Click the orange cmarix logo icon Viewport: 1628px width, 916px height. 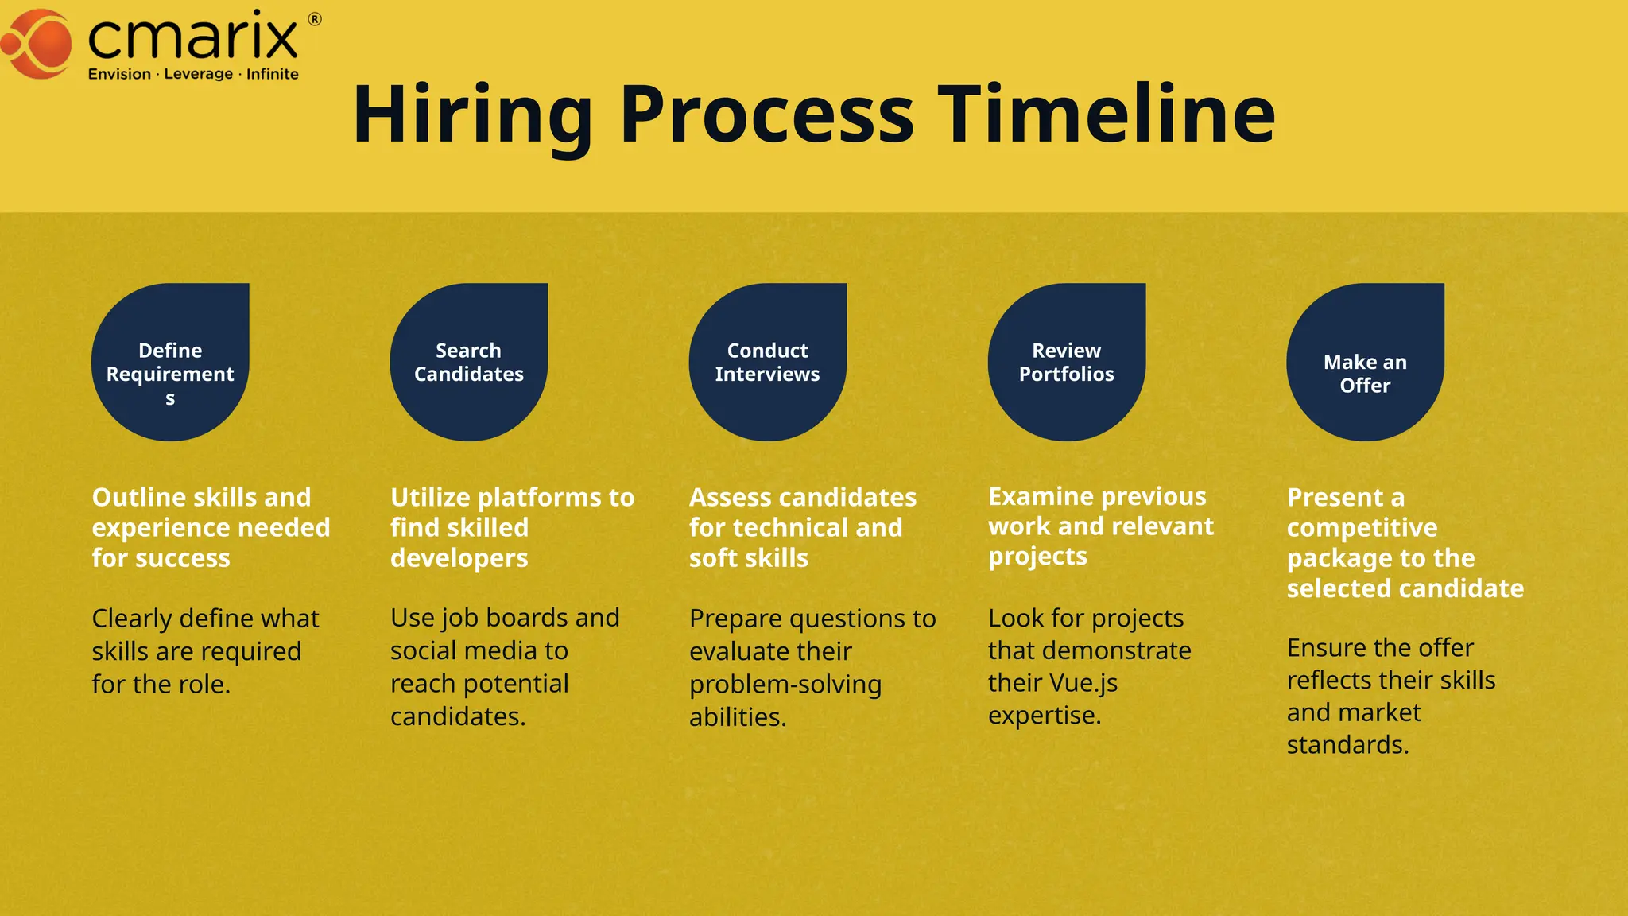point(38,45)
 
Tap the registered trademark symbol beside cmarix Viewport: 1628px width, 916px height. point(315,20)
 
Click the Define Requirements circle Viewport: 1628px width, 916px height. point(170,363)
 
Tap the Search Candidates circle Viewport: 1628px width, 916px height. point(469,363)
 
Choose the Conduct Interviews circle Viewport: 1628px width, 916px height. point(768,363)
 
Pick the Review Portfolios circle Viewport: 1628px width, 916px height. point(1067,363)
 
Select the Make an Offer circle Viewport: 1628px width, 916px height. point(1366,363)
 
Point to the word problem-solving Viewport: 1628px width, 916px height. point(785,685)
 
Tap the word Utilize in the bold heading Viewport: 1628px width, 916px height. point(430,498)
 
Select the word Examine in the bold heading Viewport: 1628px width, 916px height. point(1040,497)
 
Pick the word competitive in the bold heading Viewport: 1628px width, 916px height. point(1362,528)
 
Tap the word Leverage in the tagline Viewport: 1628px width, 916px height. point(199,74)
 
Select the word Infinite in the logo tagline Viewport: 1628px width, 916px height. point(273,74)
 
